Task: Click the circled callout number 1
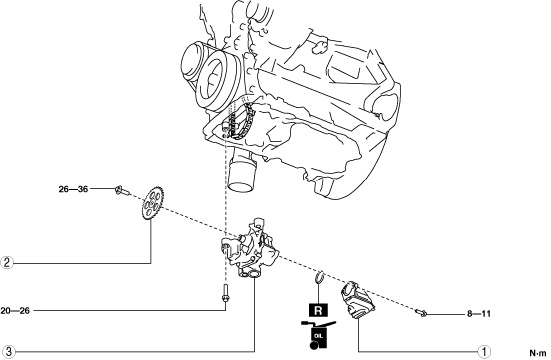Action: click(485, 351)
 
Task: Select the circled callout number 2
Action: click(7, 263)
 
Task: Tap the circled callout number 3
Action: click(8, 351)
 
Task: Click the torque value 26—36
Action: click(73, 189)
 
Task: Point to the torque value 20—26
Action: click(15, 311)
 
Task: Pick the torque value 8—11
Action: click(479, 313)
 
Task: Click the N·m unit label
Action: click(538, 353)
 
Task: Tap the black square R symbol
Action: click(318, 310)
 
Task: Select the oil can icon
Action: click(318, 335)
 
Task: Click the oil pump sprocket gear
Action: click(150, 203)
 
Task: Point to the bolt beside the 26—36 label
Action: click(122, 190)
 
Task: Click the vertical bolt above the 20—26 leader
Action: click(225, 293)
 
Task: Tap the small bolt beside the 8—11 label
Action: click(421, 312)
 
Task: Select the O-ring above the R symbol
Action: click(319, 277)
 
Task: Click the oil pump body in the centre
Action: click(250, 249)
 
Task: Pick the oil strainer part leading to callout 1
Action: click(358, 300)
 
